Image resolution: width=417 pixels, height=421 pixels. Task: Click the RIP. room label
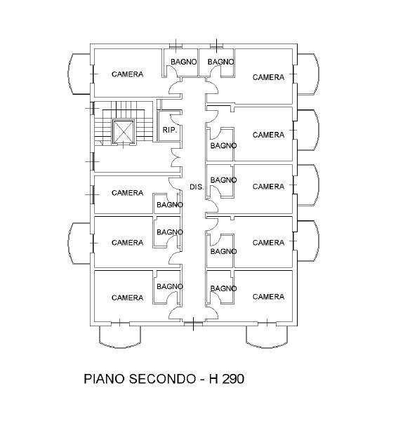point(170,131)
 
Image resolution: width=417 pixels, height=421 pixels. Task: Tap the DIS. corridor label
point(197,187)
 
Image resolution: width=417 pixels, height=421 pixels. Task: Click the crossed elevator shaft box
point(124,132)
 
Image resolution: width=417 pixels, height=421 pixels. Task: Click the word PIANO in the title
point(104,379)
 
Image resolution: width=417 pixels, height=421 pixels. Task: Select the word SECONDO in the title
point(162,379)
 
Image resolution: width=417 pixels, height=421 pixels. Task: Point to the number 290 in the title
point(233,379)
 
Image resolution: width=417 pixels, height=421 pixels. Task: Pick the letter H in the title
point(213,379)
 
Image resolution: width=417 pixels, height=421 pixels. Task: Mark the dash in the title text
point(203,380)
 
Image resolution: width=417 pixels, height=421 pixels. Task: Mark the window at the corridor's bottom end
point(194,323)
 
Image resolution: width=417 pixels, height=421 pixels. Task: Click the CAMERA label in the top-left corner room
point(127,74)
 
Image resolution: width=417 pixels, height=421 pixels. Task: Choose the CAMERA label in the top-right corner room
point(268,77)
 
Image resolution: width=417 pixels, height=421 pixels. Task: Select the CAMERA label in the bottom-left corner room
point(127,298)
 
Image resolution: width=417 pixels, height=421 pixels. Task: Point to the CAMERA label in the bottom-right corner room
point(268,296)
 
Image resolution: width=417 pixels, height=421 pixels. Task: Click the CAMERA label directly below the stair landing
point(127,193)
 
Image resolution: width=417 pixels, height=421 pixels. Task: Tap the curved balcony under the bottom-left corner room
point(120,337)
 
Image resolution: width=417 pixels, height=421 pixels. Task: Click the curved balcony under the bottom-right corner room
point(267,337)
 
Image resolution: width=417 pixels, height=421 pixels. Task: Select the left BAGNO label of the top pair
point(184,62)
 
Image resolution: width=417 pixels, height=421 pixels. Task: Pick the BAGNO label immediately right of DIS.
point(223,180)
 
